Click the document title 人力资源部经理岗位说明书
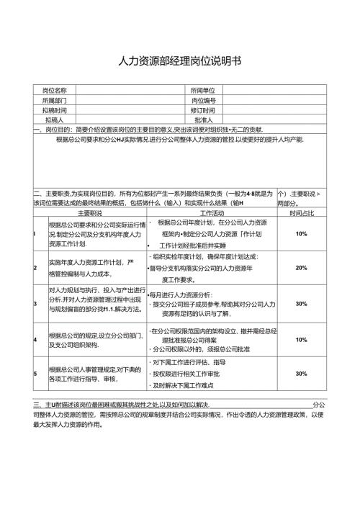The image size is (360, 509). point(180,63)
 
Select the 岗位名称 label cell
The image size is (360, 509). point(55,91)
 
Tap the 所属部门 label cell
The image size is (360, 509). point(55,101)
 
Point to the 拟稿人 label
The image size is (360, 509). point(55,120)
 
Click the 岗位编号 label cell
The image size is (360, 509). point(203,101)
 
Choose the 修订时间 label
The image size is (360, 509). point(203,111)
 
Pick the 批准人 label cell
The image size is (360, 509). point(203,120)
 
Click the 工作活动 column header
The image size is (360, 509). point(211,214)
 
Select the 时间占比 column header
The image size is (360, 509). point(302,214)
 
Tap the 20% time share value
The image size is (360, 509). point(302,268)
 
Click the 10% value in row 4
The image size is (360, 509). point(302,339)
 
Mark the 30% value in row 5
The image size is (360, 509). point(302,374)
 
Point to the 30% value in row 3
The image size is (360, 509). point(302,304)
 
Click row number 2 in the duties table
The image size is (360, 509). point(35,269)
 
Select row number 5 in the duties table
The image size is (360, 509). point(35,374)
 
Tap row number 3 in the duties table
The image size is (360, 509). point(35,304)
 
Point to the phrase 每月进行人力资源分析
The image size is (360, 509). point(180,295)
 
